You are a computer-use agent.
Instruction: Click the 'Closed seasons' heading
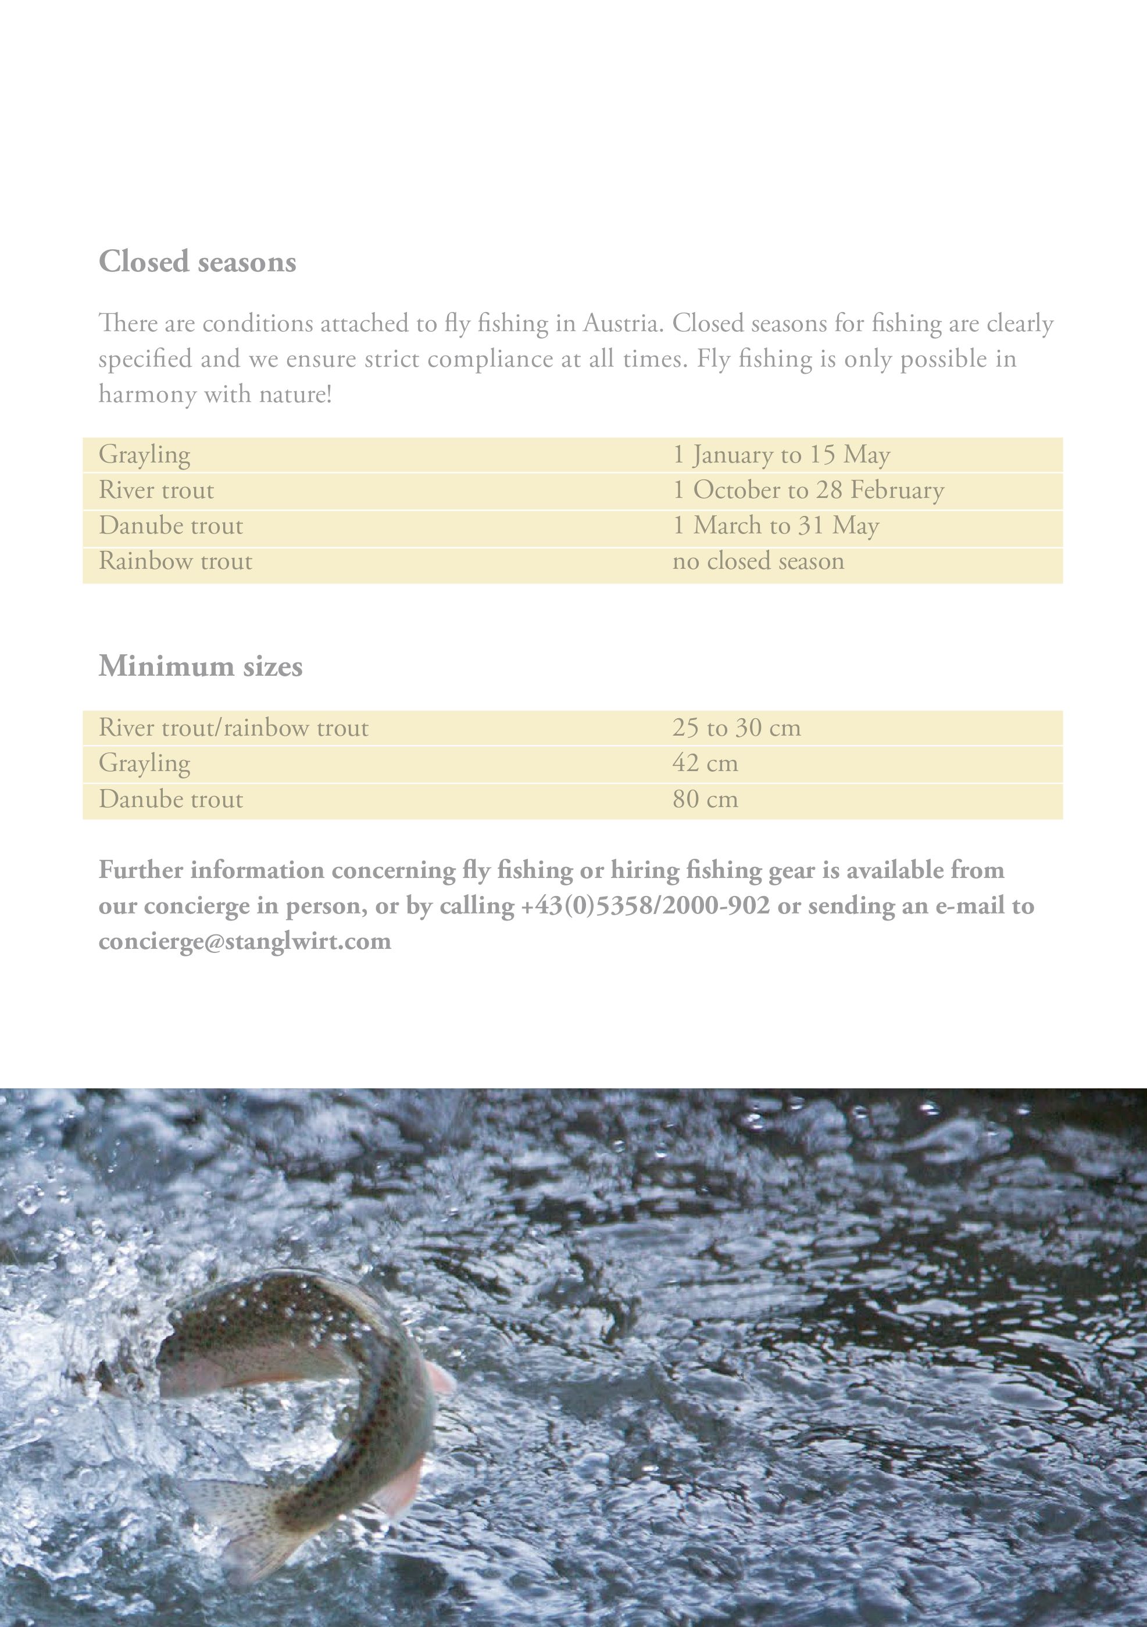click(x=197, y=261)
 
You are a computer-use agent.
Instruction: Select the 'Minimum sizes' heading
click(x=201, y=666)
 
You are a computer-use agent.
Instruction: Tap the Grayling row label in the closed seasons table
click(x=145, y=455)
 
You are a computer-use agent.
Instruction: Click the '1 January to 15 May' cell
click(x=781, y=455)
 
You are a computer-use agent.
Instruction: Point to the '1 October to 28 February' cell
click(x=808, y=490)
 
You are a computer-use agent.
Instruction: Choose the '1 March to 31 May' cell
click(x=776, y=526)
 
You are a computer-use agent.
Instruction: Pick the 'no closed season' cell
click(x=758, y=561)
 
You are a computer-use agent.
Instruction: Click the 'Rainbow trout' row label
click(x=175, y=561)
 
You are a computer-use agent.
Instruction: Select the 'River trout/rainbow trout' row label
click(x=233, y=728)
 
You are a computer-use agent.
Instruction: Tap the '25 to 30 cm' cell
click(x=737, y=728)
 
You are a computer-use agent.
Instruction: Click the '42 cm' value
click(x=705, y=763)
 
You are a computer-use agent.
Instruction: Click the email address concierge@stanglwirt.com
click(x=245, y=941)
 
